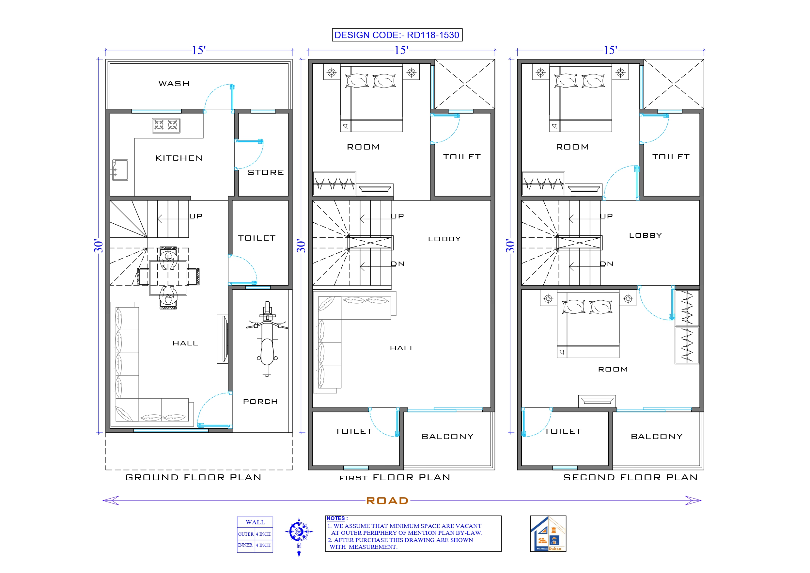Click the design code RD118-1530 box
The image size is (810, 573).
pos(397,35)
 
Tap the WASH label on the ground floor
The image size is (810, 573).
pos(174,84)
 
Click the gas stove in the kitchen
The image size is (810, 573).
pos(166,125)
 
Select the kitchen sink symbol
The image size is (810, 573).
pos(120,170)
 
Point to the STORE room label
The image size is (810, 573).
pos(266,172)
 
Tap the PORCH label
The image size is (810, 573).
pos(260,401)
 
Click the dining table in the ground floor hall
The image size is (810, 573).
pos(168,278)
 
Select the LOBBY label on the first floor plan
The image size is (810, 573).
pos(444,239)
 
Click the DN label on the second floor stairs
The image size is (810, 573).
pos(606,264)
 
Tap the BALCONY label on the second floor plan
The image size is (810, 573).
pos(657,437)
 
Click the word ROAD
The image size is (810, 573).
pos(387,501)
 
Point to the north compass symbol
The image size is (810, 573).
pos(299,532)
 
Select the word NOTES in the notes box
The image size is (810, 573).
pos(335,518)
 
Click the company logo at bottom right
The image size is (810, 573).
pos(548,533)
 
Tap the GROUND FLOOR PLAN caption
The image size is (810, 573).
pos(193,477)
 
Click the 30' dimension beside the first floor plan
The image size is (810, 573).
pos(301,246)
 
